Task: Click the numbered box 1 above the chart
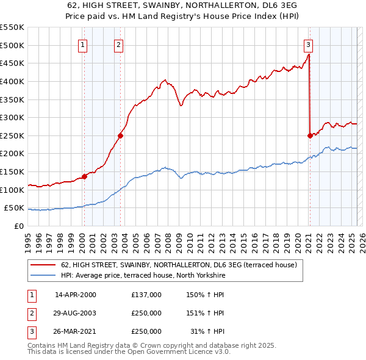click(83, 44)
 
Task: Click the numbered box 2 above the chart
click(119, 44)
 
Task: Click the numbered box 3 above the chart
click(309, 44)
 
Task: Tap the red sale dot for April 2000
click(84, 176)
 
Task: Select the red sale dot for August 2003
click(121, 135)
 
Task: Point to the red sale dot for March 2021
click(310, 135)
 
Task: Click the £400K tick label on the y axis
click(12, 81)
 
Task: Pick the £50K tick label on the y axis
click(14, 208)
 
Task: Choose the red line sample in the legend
click(43, 265)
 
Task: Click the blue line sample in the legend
click(43, 276)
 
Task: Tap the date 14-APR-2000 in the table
click(76, 295)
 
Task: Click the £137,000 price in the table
click(146, 295)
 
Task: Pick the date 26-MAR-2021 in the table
click(76, 331)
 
